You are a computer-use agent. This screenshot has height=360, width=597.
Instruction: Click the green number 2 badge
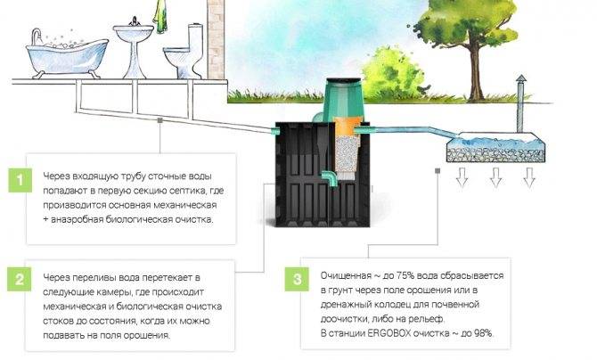coord(16,278)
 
